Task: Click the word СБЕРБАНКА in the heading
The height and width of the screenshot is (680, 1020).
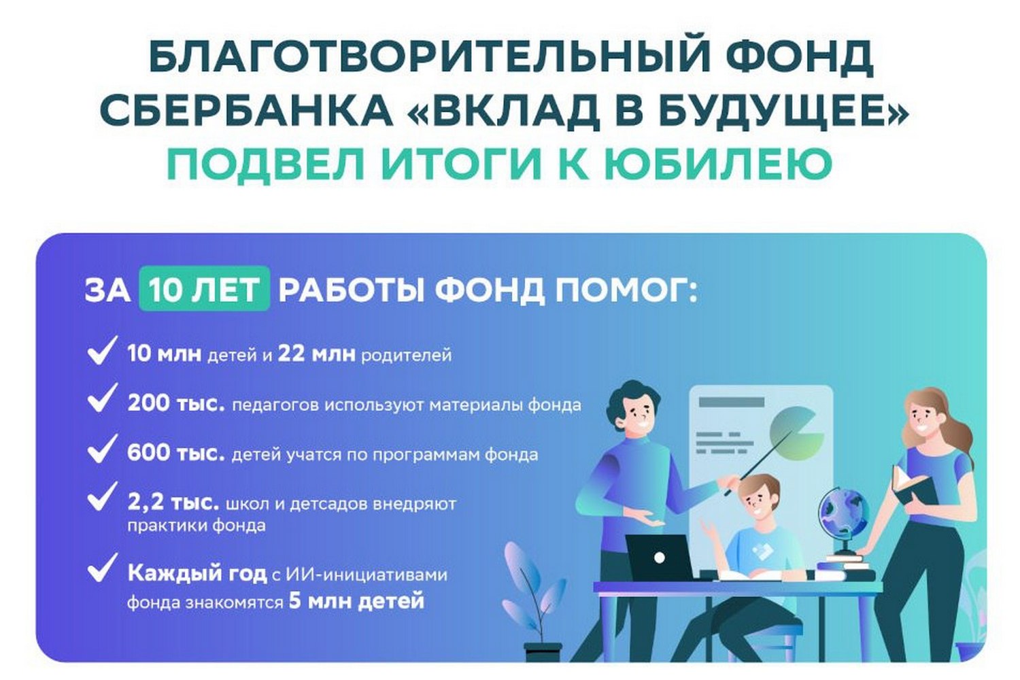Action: pyautogui.click(x=246, y=111)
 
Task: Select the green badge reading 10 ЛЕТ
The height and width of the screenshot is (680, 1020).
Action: pyautogui.click(x=204, y=290)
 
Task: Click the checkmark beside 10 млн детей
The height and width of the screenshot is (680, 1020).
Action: pyautogui.click(x=101, y=352)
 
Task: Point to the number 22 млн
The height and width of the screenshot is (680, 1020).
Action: pyautogui.click(x=316, y=354)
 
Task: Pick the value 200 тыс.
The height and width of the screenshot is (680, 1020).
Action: pyautogui.click(x=175, y=403)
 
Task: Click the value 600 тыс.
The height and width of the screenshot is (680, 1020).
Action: pyautogui.click(x=175, y=453)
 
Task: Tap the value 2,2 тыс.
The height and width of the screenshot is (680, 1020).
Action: pyautogui.click(x=173, y=503)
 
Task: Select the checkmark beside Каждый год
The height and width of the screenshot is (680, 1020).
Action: pyautogui.click(x=101, y=568)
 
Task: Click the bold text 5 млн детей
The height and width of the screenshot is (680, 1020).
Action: pyautogui.click(x=356, y=601)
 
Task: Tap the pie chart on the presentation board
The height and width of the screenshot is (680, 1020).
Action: pyautogui.click(x=796, y=432)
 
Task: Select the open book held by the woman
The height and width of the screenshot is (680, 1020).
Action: pyautogui.click(x=911, y=484)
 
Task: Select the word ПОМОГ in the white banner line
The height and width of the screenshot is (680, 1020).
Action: pyautogui.click(x=626, y=290)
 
